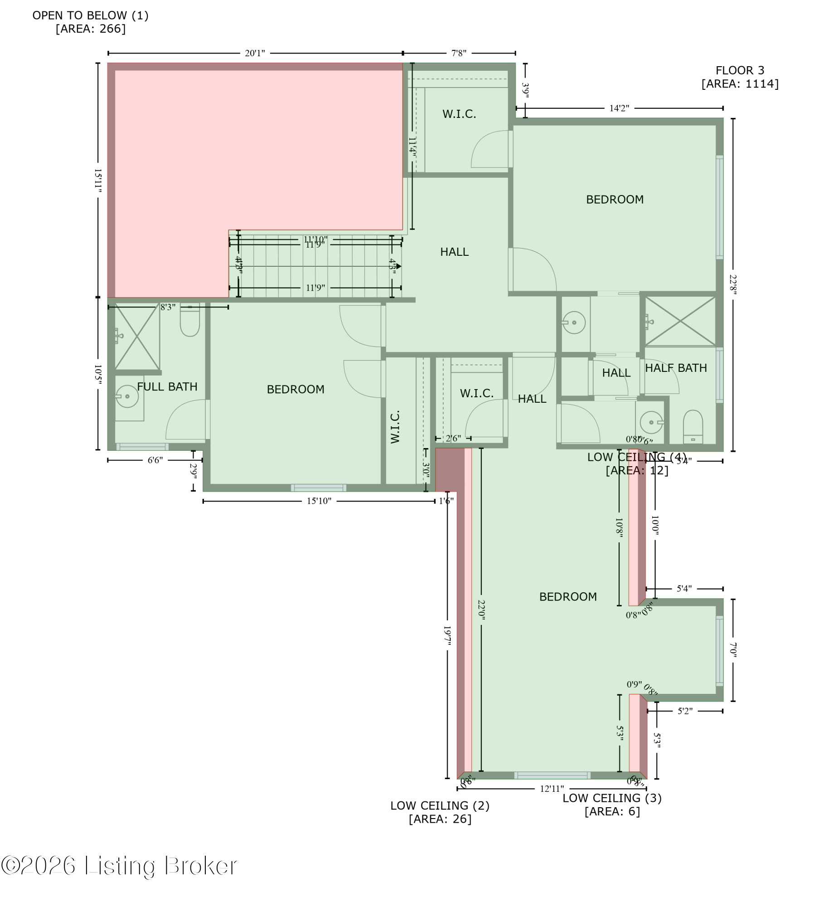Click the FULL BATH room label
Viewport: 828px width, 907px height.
click(167, 387)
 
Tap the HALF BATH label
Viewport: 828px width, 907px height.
click(676, 368)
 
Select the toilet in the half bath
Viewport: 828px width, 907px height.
click(692, 426)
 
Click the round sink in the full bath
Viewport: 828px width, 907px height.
click(127, 396)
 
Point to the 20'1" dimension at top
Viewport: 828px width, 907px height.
click(255, 54)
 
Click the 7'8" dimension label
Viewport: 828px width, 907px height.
click(459, 54)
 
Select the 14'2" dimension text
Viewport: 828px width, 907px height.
click(619, 108)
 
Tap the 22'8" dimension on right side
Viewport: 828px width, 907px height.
click(733, 284)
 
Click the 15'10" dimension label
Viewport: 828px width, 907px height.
click(319, 501)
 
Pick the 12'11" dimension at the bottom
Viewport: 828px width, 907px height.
click(552, 789)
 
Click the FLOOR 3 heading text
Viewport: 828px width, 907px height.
click(740, 71)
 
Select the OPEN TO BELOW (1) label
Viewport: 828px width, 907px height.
click(91, 16)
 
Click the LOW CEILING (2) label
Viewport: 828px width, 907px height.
click(440, 805)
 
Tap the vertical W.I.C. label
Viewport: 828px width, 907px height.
click(395, 427)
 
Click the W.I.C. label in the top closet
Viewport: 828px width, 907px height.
click(459, 114)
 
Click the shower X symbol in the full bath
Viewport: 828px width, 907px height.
click(137, 336)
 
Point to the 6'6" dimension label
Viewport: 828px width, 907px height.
click(155, 460)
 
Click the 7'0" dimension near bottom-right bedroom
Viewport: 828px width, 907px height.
click(733, 649)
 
